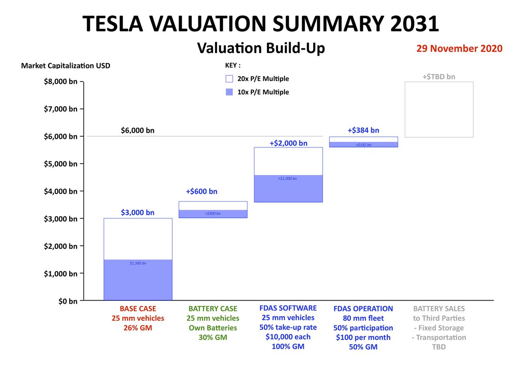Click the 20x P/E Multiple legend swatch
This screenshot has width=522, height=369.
[x=230, y=79]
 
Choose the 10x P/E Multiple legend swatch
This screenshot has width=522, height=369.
[x=230, y=92]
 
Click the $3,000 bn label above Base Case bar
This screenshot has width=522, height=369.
[x=138, y=212]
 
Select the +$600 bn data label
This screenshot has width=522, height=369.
[x=201, y=191]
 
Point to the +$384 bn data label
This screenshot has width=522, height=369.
[x=363, y=130]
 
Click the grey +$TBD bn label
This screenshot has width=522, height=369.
[x=439, y=77]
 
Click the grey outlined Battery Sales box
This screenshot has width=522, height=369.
[x=439, y=109]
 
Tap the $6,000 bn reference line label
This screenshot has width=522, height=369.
[x=137, y=130]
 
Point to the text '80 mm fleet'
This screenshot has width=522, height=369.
[x=363, y=318]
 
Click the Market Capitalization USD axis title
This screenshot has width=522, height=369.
[x=66, y=66]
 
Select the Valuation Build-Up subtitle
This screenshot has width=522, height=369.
[x=261, y=48]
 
